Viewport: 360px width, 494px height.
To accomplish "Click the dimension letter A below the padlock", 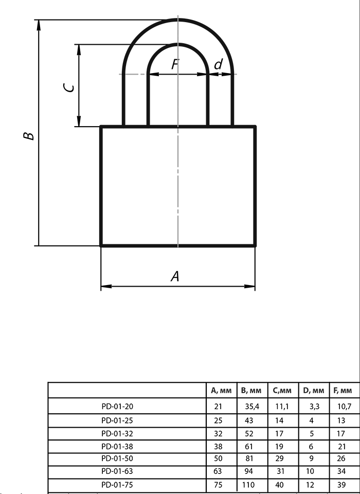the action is click(175, 276).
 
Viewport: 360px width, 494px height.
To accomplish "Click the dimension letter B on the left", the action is click(29, 136).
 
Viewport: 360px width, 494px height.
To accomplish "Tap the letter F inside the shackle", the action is click(175, 64).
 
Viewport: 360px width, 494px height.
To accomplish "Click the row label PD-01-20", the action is click(117, 407).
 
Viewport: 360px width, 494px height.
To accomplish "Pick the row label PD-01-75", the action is click(117, 485).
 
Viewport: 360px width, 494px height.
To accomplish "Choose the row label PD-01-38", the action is click(117, 447).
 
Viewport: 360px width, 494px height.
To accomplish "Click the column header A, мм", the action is click(221, 391).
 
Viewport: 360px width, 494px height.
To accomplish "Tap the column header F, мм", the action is click(343, 391).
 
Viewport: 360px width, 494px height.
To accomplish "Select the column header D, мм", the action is click(313, 391).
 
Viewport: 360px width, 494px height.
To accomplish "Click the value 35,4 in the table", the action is click(252, 407).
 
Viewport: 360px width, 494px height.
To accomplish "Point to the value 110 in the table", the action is click(248, 485).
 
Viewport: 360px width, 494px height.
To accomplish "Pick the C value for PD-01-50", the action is click(279, 458).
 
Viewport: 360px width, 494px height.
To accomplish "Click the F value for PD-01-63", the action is click(341, 471).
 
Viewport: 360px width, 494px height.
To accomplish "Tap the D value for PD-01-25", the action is click(312, 420).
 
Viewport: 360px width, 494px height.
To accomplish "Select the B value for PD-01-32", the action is click(249, 433).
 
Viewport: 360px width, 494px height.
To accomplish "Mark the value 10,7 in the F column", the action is click(344, 407).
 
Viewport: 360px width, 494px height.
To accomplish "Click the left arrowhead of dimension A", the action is click(106, 287).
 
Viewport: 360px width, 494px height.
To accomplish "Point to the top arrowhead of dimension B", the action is click(39, 25).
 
